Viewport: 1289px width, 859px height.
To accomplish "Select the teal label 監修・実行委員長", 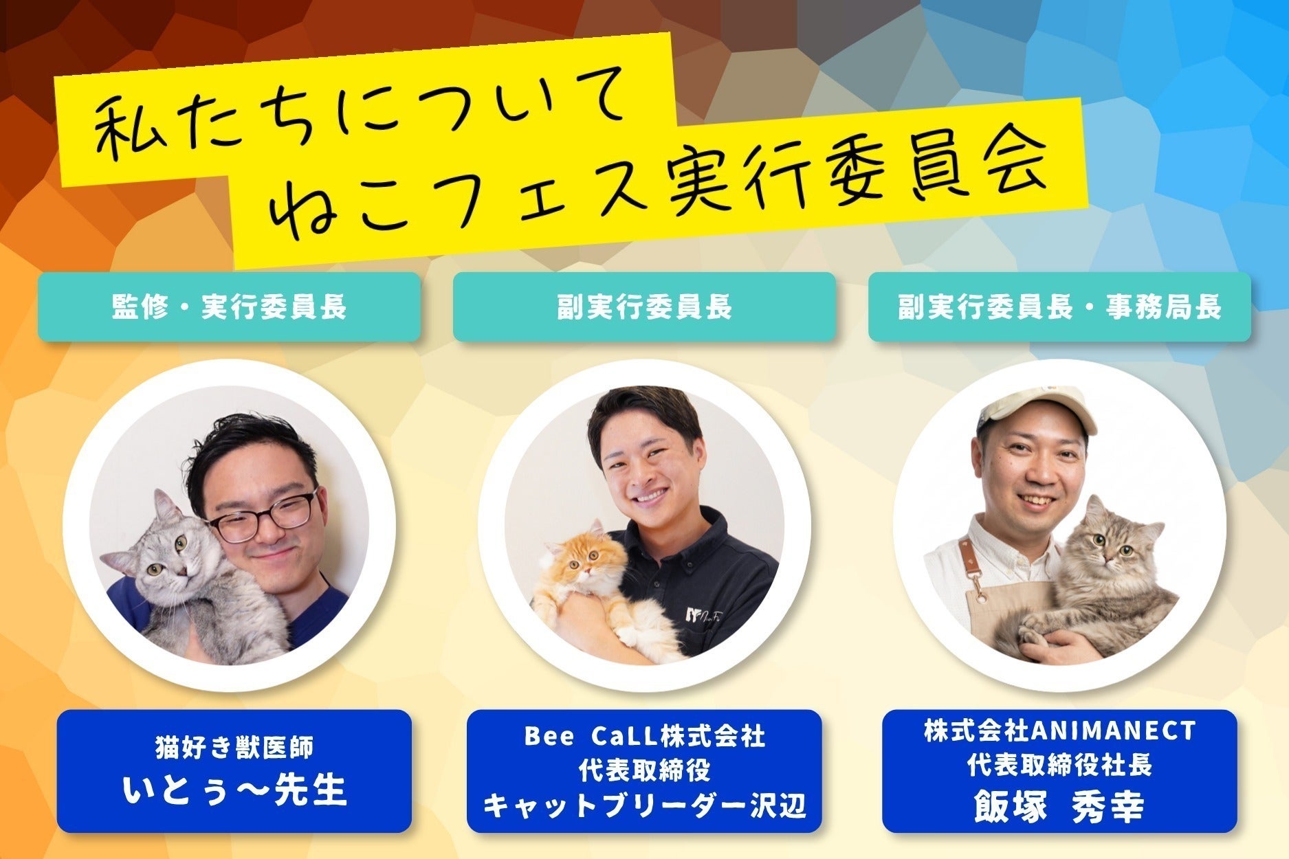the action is pos(230,307).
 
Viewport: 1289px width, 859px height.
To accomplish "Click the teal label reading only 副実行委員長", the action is pos(644,307).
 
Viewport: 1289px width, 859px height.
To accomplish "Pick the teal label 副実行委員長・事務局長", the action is pos(1059,307).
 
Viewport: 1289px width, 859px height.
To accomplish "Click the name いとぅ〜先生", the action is pos(234,790).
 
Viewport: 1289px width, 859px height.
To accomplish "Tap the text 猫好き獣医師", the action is pos(234,746).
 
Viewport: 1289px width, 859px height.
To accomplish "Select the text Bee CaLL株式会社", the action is pos(644,736).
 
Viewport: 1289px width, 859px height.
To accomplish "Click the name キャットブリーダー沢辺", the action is pos(644,805).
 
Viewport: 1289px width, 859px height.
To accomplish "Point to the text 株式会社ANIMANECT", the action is pos(1059,730).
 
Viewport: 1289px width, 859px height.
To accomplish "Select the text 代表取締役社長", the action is pos(1059,765).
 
